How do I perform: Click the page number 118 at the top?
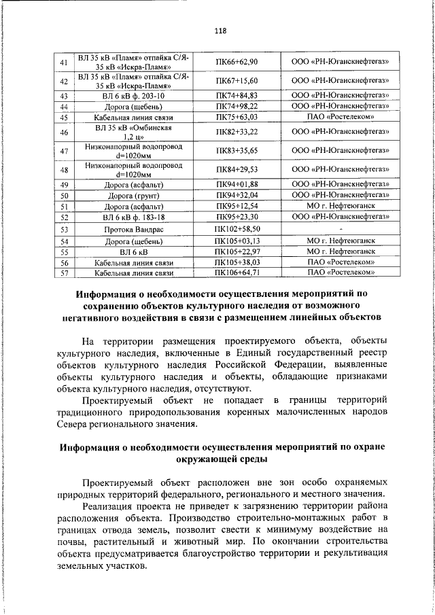click(219, 31)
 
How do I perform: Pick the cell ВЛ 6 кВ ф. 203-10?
click(134, 96)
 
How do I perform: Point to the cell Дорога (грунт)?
click(134, 196)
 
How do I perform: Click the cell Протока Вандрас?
click(134, 230)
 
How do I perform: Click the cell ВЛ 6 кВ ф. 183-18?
click(134, 217)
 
